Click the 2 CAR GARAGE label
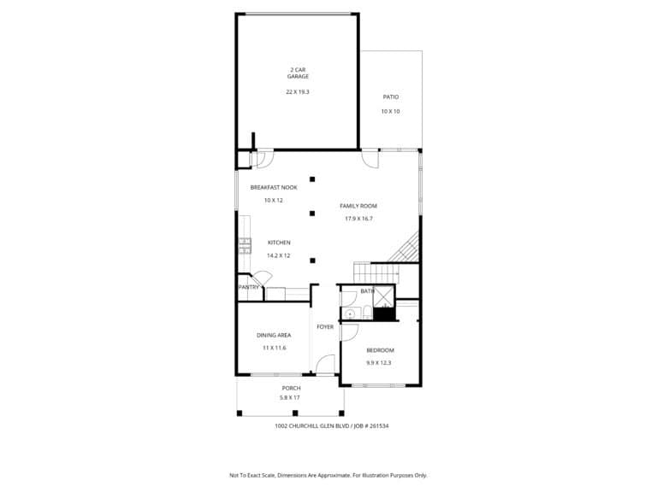click(298, 73)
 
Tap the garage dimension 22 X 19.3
click(298, 92)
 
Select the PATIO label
click(391, 97)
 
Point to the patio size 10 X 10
click(390, 112)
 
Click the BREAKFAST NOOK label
click(274, 187)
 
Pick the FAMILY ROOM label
click(358, 206)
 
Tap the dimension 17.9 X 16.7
click(358, 219)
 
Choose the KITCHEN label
click(279, 243)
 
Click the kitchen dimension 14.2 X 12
click(279, 255)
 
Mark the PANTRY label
click(249, 287)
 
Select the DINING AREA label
click(274, 335)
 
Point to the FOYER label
click(325, 327)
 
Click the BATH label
click(368, 291)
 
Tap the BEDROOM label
click(380, 350)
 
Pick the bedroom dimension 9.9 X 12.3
click(379, 363)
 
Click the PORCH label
click(291, 389)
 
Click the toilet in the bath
click(367, 312)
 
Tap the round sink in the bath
click(350, 313)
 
